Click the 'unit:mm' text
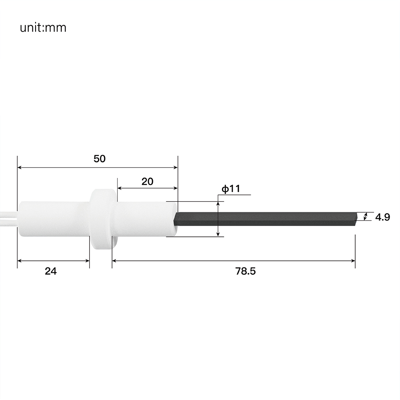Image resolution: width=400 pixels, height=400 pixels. click(43, 28)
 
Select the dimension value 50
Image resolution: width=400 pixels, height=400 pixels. click(100, 159)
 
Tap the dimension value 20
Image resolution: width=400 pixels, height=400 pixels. click(148, 182)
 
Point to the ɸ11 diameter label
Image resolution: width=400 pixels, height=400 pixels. click(231, 189)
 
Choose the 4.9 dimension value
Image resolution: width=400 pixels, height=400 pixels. click(383, 217)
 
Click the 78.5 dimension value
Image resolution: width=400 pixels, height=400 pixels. click(246, 271)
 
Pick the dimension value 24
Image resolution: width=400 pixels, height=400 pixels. click(51, 271)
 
